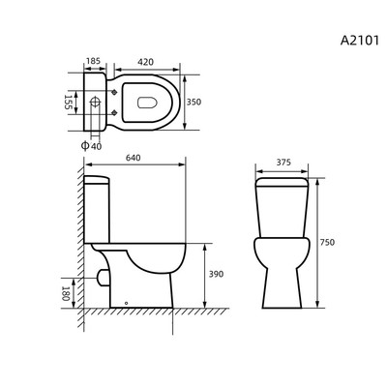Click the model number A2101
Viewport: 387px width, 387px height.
360,41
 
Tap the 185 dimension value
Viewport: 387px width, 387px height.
94,61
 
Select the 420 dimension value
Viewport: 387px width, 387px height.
145,62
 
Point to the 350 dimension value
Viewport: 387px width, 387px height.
193,102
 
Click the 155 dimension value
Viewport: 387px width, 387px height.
68,102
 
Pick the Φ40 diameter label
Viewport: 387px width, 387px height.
91,146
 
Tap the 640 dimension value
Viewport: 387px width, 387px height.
133,158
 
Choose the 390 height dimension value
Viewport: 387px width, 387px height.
216,274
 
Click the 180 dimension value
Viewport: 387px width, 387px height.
66,293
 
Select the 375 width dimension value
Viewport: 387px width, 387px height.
283,163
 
